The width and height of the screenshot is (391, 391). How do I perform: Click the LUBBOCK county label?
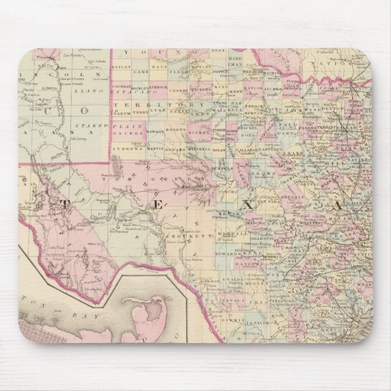point(161,87)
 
